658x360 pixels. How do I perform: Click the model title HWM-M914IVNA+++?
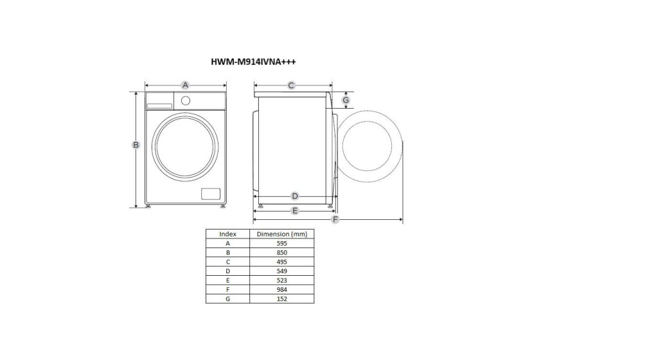[x=253, y=62]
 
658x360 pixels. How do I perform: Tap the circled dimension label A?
[x=185, y=85]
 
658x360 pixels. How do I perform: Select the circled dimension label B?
[x=136, y=145]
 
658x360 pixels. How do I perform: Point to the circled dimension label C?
[x=291, y=85]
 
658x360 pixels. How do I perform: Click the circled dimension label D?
[x=295, y=196]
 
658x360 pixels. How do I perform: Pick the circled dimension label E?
[x=295, y=211]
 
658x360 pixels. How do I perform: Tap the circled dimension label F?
[x=335, y=219]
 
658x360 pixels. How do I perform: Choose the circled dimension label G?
[x=346, y=100]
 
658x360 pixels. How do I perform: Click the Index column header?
[x=228, y=234]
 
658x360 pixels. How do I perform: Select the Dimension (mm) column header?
[x=282, y=234]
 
